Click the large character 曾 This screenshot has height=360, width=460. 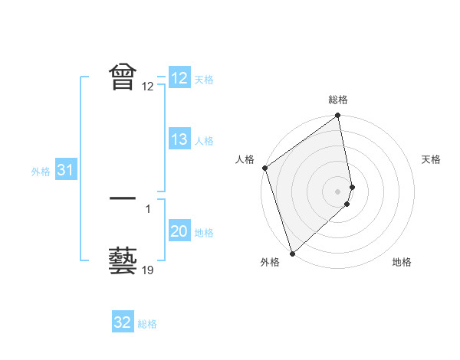point(123,77)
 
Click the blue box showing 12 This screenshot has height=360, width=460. point(179,78)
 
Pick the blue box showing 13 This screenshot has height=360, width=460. point(179,139)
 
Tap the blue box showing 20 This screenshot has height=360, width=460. point(179,231)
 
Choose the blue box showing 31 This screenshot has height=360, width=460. point(65,170)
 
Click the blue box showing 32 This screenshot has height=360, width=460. point(123,322)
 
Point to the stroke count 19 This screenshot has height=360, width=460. point(148,270)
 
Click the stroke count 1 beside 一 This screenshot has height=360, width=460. point(148,208)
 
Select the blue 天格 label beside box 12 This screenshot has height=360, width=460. point(204,79)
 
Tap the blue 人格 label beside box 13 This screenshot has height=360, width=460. point(204,140)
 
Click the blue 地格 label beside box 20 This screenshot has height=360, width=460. point(204,232)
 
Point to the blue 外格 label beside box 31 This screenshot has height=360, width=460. point(41,171)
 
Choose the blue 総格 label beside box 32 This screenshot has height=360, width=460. point(147,323)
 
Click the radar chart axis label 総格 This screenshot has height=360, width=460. point(338,100)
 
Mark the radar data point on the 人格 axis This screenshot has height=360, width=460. point(264,168)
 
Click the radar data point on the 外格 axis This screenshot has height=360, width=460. point(292,253)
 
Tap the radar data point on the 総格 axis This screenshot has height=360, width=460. point(338,116)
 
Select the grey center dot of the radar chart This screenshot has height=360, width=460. point(338,191)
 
